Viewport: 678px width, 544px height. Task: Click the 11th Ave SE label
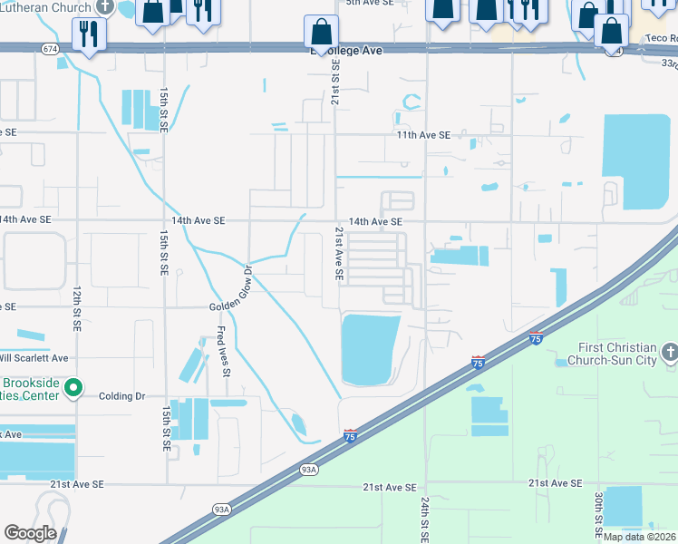(x=422, y=135)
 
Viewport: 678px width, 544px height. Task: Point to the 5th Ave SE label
(x=370, y=3)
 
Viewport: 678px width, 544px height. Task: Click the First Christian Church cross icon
(x=669, y=351)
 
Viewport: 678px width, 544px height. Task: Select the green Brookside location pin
(x=73, y=389)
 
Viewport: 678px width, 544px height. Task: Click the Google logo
(x=30, y=533)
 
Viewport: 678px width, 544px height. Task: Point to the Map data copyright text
(x=639, y=537)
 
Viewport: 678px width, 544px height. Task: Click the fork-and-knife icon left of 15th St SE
(x=90, y=34)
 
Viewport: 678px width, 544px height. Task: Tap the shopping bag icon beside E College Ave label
(x=321, y=33)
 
